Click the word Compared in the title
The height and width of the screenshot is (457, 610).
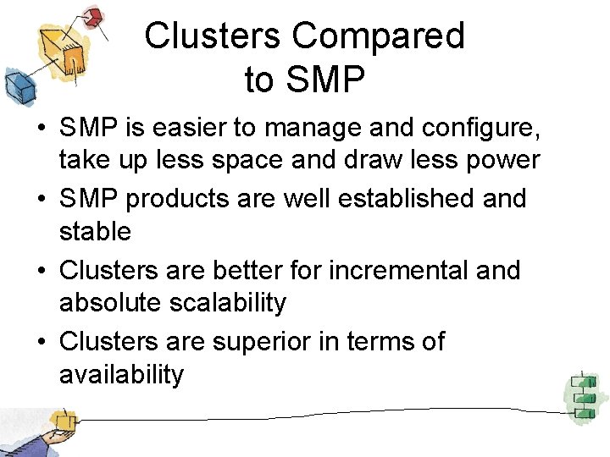(x=379, y=37)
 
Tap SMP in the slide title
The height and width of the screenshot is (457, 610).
(x=325, y=80)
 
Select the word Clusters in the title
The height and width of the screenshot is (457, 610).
(x=213, y=37)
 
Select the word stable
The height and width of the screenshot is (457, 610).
(x=95, y=230)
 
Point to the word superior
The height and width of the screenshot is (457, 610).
(x=263, y=342)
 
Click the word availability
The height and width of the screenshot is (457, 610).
(x=121, y=373)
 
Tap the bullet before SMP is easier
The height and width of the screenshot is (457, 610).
(x=41, y=130)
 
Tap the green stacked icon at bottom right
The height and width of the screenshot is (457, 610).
(x=581, y=394)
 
